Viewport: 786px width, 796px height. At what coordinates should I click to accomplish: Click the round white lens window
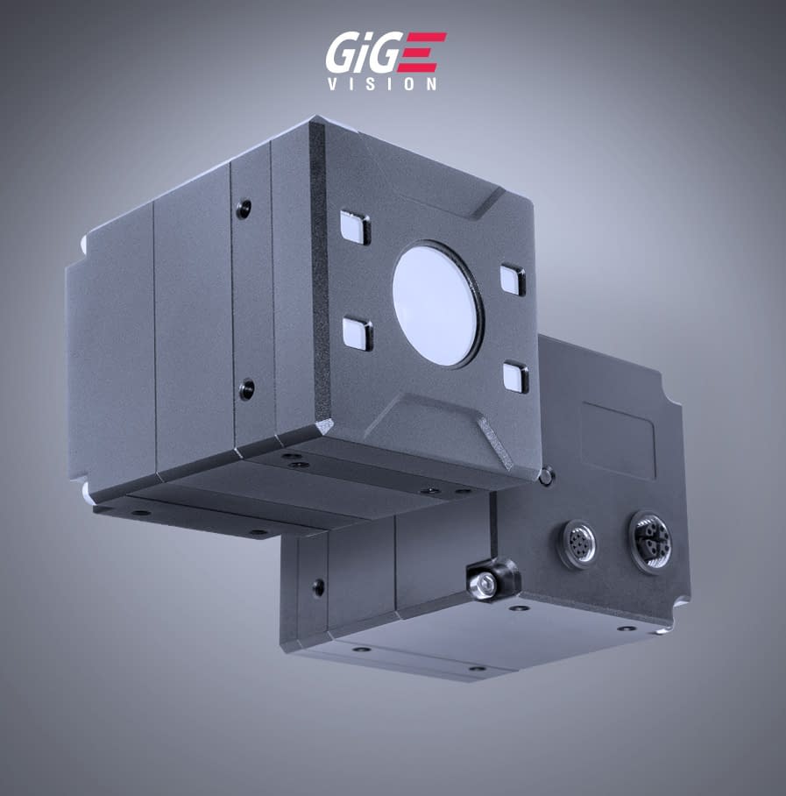(437, 302)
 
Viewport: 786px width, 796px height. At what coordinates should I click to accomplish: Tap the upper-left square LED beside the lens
(354, 227)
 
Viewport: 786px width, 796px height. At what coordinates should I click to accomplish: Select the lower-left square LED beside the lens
(357, 333)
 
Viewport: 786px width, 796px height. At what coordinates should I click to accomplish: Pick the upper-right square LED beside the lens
(513, 279)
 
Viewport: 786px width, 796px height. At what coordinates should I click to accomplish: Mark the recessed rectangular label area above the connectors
(619, 438)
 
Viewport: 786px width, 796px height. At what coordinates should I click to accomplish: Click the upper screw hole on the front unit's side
(244, 209)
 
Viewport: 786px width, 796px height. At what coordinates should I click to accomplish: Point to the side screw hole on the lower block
(316, 585)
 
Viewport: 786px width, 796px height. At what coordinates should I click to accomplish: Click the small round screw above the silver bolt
(546, 478)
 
